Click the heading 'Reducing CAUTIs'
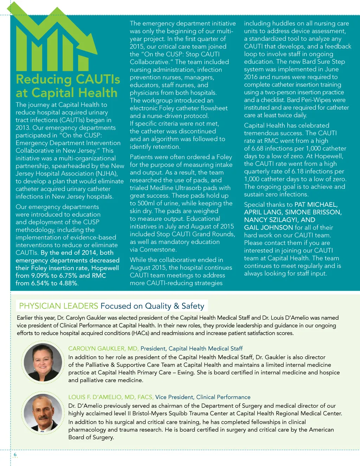(x=68, y=79)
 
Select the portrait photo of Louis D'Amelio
(x=43, y=413)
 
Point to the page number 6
(x=15, y=455)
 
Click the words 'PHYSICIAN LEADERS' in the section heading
(x=58, y=306)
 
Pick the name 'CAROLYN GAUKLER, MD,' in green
(x=103, y=349)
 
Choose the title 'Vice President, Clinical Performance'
(x=203, y=397)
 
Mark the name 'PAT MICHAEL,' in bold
(x=316, y=205)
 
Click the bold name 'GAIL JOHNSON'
(x=269, y=228)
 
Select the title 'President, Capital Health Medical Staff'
(x=192, y=349)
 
